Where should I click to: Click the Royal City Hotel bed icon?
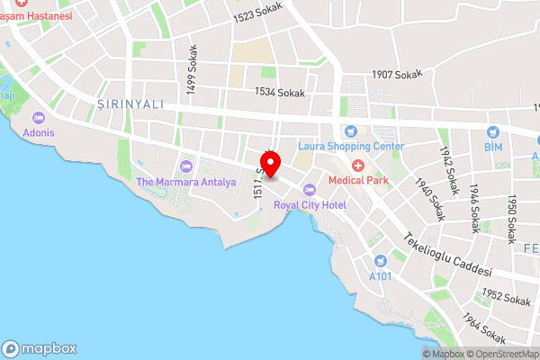point(310,189)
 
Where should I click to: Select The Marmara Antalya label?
point(185,182)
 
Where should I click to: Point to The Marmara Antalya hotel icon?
point(186,166)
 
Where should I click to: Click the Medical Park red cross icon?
point(357,165)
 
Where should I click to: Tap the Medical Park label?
point(357,180)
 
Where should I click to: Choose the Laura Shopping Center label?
point(352,146)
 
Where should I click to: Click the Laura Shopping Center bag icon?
point(352,130)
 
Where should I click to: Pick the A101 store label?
point(382,276)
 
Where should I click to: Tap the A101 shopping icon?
point(381,261)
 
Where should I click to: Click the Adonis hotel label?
point(40,132)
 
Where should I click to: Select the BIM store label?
point(492,146)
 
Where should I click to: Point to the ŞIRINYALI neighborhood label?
point(130,104)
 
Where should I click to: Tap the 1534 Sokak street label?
point(281,92)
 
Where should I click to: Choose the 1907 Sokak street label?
point(398,76)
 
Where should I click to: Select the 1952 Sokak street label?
point(505,296)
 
